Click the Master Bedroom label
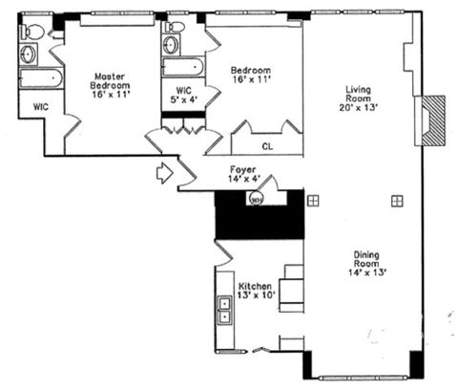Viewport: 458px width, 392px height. (110, 79)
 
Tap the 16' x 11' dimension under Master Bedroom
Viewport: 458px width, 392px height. (110, 96)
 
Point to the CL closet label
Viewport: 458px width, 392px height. (268, 147)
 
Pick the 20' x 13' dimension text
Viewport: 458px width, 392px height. (359, 108)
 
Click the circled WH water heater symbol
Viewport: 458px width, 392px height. (257, 200)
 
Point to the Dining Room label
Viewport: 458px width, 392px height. (367, 259)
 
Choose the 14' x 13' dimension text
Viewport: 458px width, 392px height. (367, 272)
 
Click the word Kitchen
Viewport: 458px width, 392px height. (257, 286)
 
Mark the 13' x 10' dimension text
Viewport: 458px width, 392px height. (257, 296)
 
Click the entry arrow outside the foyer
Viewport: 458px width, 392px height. (164, 173)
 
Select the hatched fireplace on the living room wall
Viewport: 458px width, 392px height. (434, 119)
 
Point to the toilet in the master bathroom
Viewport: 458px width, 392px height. (31, 32)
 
